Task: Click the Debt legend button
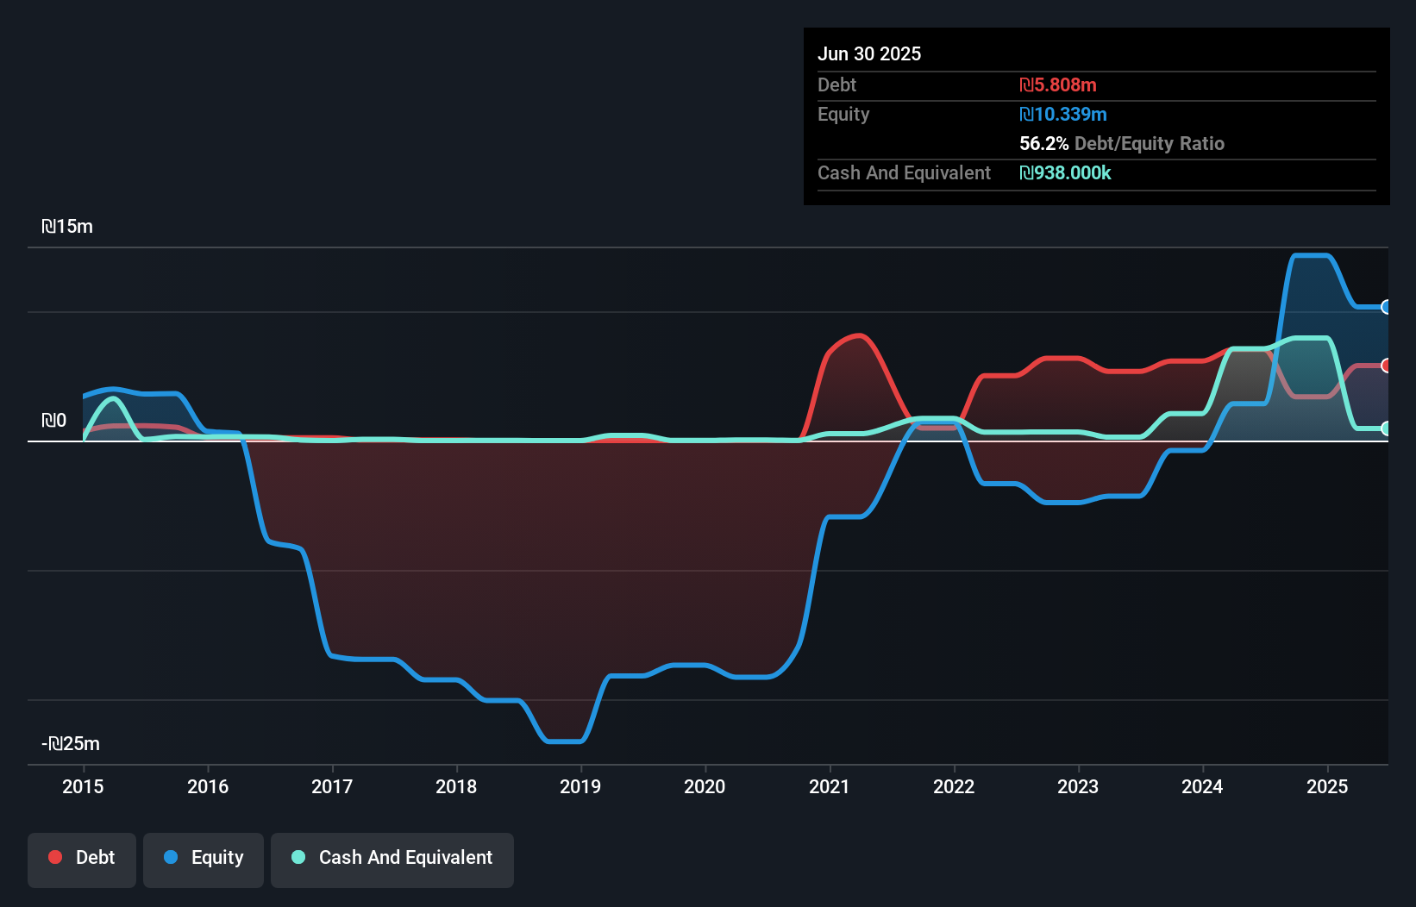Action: click(x=82, y=858)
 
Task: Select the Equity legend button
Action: click(x=204, y=858)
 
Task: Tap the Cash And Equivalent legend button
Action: click(x=392, y=858)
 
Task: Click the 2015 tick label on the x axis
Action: click(x=83, y=786)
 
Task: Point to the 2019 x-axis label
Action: click(x=580, y=786)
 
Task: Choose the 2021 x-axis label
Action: click(x=829, y=786)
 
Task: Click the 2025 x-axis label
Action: click(x=1326, y=786)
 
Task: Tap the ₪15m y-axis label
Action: click(x=67, y=227)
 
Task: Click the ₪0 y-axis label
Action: click(x=53, y=421)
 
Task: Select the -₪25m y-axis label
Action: click(x=71, y=744)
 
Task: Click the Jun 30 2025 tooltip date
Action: click(x=869, y=54)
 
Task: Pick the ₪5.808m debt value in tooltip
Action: click(x=1058, y=85)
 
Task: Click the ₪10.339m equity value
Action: click(x=1063, y=115)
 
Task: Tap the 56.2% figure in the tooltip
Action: click(x=1043, y=144)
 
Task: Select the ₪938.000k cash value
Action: click(x=1065, y=173)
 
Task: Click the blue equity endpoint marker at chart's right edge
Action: click(x=1386, y=307)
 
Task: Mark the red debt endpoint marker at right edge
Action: click(x=1386, y=366)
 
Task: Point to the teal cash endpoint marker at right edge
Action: click(x=1386, y=428)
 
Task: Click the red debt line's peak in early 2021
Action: click(x=858, y=335)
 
